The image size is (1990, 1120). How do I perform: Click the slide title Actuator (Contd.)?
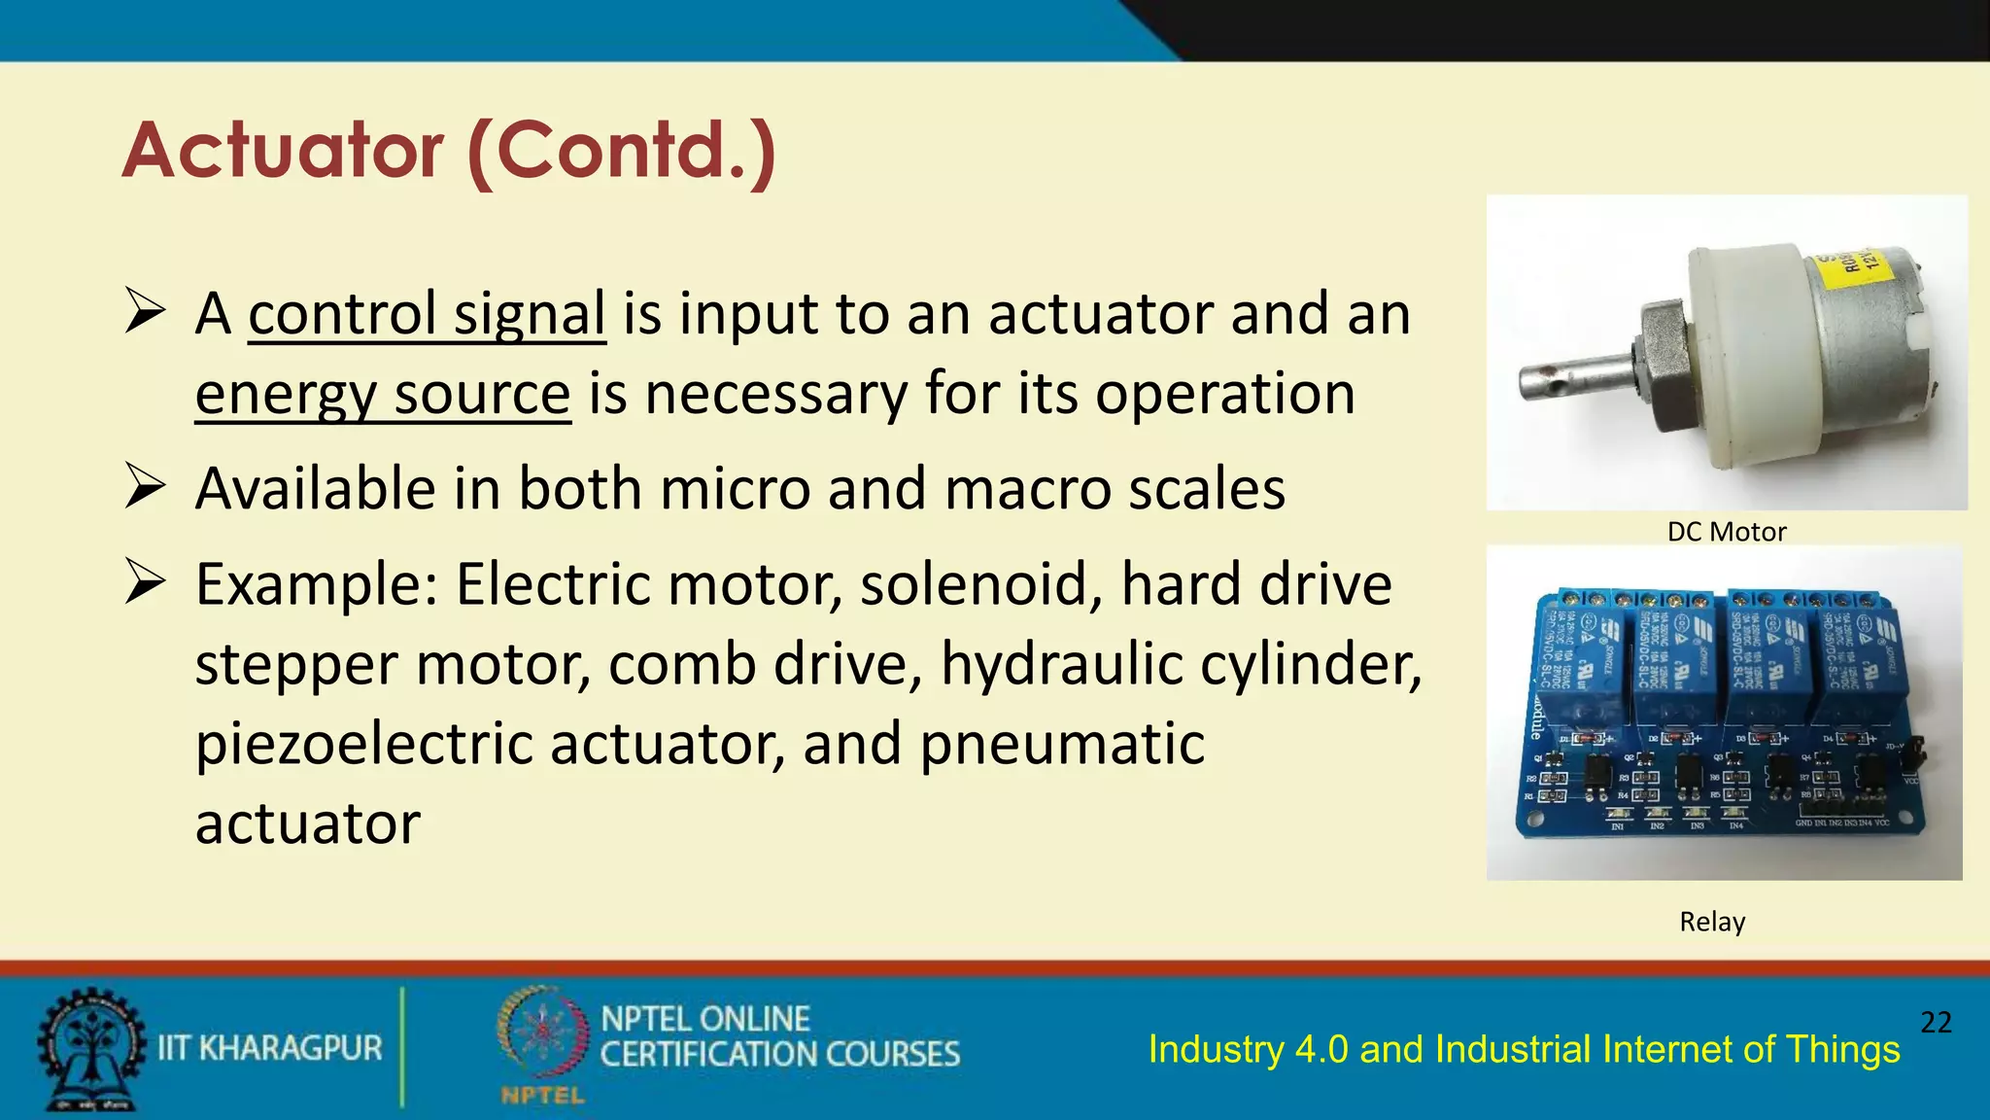(449, 151)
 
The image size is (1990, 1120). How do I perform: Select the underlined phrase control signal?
(427, 314)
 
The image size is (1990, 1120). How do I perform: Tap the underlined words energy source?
(382, 394)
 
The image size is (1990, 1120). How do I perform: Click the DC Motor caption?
(1726, 532)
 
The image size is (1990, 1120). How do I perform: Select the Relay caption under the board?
(1712, 921)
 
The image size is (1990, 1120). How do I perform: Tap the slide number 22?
(1936, 1022)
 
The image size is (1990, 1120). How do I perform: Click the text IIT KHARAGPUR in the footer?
(270, 1048)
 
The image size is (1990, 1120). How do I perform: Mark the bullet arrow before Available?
(145, 487)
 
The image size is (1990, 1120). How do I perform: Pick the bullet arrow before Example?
(145, 583)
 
